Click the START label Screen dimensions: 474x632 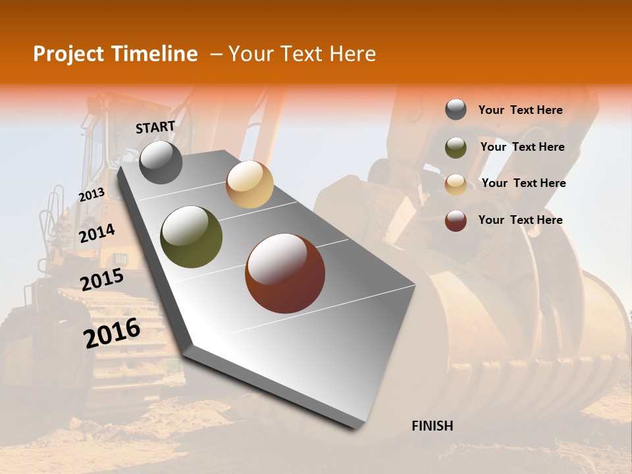tap(155, 127)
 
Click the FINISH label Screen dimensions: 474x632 tap(433, 426)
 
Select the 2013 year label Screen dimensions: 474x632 tap(92, 194)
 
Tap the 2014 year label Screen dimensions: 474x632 tap(97, 233)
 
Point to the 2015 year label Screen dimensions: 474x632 tap(102, 280)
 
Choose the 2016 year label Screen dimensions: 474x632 tap(112, 332)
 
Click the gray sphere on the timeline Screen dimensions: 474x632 tap(161, 162)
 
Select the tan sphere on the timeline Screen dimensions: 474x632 tap(250, 185)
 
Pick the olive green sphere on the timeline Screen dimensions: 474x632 tap(192, 237)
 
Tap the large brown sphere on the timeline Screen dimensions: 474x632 tap(285, 273)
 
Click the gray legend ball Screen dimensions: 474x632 tap(456, 110)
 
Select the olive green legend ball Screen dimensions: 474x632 tap(456, 147)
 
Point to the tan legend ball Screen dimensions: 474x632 tap(456, 184)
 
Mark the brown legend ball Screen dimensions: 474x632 tap(456, 221)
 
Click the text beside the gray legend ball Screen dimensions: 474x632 tap(520, 110)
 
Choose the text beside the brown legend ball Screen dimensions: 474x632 tap(520, 220)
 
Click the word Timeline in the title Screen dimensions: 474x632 tap(155, 54)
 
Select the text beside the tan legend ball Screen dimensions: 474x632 tap(523, 183)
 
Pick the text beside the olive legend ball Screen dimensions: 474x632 tap(522, 147)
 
